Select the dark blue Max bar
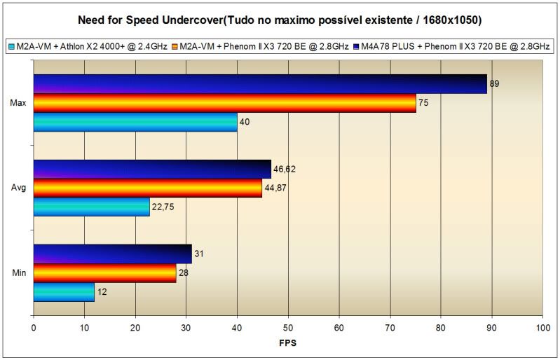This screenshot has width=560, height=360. (259, 84)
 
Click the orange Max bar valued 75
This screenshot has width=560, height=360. (224, 103)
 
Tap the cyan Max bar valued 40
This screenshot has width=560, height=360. (135, 122)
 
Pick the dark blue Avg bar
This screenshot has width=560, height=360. (151, 169)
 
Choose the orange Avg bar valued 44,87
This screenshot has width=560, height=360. (147, 188)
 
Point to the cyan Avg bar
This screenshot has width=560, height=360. (91, 207)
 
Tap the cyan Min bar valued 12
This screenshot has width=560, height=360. (64, 292)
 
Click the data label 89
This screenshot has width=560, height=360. (494, 84)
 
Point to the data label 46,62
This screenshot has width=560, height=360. (284, 169)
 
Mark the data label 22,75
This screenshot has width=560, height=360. (163, 207)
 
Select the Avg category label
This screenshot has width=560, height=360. (19, 188)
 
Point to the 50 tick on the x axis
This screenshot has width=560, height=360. (287, 327)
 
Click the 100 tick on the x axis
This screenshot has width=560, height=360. (541, 327)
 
